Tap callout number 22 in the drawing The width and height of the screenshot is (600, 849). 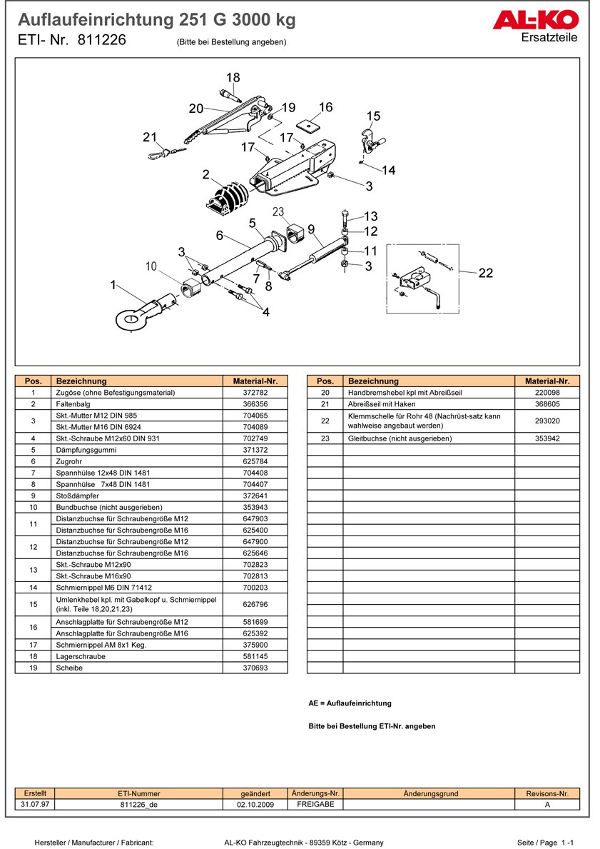486,273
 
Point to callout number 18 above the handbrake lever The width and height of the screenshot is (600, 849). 233,78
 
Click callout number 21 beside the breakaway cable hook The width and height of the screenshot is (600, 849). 149,137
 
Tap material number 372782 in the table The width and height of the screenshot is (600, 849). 255,393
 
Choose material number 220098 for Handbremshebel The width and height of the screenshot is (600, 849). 547,393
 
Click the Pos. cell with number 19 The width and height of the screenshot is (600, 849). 34,668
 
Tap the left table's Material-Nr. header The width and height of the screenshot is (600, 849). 255,381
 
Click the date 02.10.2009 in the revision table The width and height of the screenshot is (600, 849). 255,804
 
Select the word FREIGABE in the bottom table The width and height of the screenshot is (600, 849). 315,804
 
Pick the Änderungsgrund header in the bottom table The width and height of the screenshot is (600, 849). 430,793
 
